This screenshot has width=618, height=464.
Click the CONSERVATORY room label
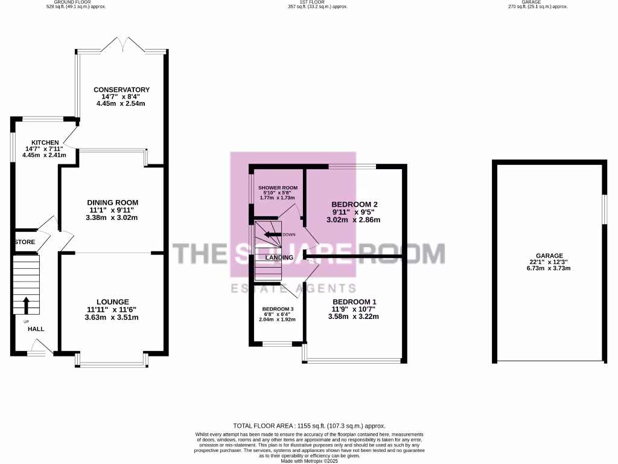tap(121, 89)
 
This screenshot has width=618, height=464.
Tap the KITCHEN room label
tap(41, 143)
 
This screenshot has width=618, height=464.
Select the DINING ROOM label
tap(113, 202)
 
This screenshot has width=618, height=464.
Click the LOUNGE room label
tap(112, 301)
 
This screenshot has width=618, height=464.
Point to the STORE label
tap(25, 242)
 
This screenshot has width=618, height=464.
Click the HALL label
tap(36, 329)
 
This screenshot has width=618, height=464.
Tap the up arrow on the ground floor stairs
tap(26, 304)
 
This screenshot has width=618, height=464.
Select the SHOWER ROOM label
tap(278, 188)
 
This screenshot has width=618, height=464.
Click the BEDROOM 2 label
tap(355, 204)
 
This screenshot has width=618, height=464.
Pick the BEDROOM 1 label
tap(354, 301)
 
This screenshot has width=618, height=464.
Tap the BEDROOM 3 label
tap(278, 309)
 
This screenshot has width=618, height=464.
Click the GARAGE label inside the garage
tap(548, 256)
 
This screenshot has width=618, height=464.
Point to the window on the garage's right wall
tap(605, 210)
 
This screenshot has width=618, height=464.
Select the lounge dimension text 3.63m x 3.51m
tap(112, 317)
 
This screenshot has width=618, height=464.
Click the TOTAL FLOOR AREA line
tap(309, 426)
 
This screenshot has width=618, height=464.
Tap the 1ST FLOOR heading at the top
tap(309, 2)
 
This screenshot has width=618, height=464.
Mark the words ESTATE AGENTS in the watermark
tap(294, 288)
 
